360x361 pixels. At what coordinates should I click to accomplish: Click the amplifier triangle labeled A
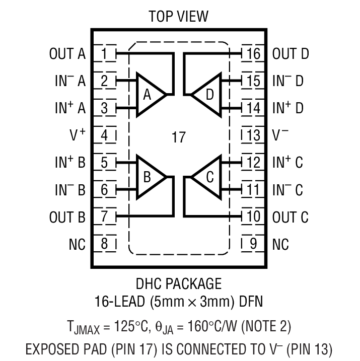point(148,94)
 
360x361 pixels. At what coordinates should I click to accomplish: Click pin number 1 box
point(104,53)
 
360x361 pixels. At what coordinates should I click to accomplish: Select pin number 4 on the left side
point(104,135)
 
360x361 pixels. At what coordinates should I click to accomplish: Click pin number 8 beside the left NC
point(104,244)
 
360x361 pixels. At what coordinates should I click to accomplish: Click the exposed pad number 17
point(178,137)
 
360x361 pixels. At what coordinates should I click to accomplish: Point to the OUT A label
point(67,53)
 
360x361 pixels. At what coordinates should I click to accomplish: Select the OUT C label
point(291,218)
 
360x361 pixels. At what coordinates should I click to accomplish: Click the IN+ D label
point(288,108)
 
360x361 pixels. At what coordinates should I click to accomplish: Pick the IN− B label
point(70,190)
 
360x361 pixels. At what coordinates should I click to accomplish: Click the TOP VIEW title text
point(178,16)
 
